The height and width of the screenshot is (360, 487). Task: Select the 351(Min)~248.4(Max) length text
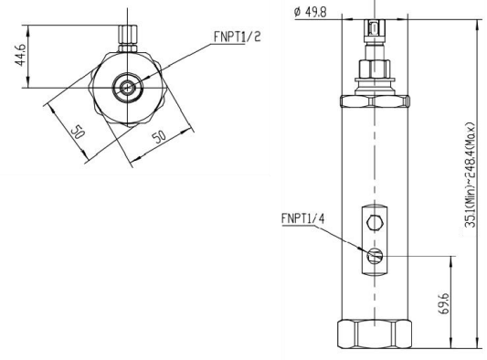(x=470, y=178)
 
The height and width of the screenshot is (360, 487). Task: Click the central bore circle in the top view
(x=124, y=89)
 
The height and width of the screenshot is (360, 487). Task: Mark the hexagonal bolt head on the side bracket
(x=375, y=222)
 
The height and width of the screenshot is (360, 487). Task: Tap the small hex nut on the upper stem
(x=375, y=66)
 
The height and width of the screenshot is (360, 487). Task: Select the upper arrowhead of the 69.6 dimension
(x=450, y=259)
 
